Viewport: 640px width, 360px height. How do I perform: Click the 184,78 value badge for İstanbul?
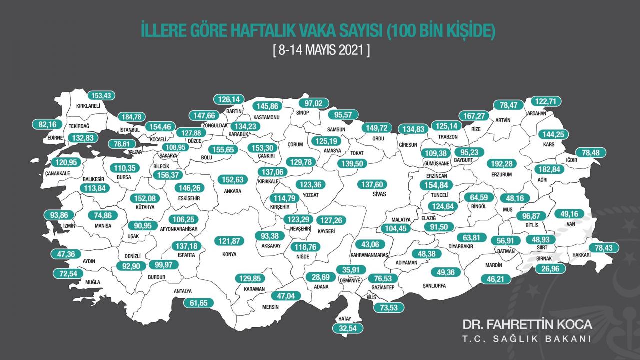pyautogui.click(x=131, y=117)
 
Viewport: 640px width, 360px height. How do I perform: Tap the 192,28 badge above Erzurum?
pyautogui.click(x=500, y=163)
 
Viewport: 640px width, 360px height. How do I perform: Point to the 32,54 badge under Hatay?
pyautogui.click(x=348, y=328)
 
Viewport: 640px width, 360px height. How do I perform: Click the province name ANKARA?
pyautogui.click(x=233, y=191)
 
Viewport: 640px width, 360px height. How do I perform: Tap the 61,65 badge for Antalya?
pyautogui.click(x=198, y=302)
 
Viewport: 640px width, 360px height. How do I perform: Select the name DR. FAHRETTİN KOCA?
pyautogui.click(x=527, y=324)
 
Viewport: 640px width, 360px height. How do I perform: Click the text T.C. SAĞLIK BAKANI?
pyautogui.click(x=527, y=339)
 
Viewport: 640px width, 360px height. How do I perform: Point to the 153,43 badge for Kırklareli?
pyautogui.click(x=102, y=96)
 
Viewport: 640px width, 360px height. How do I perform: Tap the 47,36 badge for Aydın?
pyautogui.click(x=66, y=254)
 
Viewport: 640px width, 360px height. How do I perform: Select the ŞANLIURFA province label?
pyautogui.click(x=434, y=286)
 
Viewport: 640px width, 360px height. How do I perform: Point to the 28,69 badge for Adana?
pyautogui.click(x=321, y=277)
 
